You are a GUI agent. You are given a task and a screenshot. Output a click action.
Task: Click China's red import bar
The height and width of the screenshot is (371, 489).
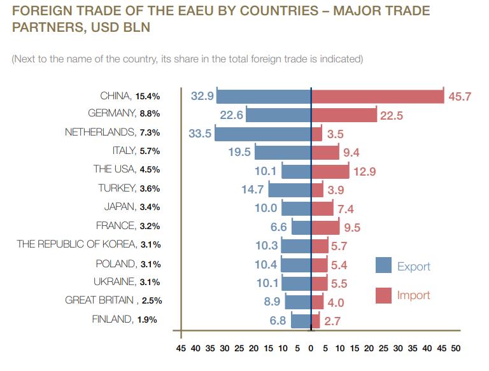click(x=377, y=96)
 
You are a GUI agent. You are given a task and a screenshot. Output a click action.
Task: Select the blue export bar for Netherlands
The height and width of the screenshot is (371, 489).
click(x=262, y=133)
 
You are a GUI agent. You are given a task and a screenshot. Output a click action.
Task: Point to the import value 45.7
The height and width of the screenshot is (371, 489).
click(x=460, y=97)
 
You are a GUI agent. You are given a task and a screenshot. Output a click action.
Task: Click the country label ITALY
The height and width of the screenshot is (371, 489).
click(x=121, y=151)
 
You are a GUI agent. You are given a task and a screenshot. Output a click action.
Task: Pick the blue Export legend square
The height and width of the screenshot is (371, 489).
click(x=383, y=265)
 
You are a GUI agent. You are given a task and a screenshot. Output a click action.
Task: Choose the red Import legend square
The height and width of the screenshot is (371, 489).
click(x=383, y=295)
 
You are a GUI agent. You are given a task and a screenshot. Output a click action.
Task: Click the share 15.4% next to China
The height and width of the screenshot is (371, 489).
click(x=148, y=96)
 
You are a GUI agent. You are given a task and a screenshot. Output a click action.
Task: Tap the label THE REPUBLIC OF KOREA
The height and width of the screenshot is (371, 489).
click(x=76, y=244)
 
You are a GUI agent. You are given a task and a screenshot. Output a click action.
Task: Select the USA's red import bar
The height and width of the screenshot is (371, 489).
click(x=330, y=171)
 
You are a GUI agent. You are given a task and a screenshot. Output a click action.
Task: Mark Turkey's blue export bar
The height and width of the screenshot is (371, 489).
click(x=289, y=189)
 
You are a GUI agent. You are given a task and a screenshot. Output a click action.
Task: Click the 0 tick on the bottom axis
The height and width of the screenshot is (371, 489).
click(x=311, y=349)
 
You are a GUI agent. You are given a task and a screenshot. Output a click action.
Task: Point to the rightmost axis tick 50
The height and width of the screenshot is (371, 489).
click(x=455, y=349)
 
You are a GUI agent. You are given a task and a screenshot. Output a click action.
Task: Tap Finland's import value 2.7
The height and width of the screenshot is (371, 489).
click(x=332, y=321)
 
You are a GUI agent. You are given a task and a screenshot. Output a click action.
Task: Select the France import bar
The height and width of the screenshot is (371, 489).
click(x=325, y=226)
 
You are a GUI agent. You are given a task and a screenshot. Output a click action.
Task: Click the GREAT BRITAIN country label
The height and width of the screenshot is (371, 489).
click(x=99, y=300)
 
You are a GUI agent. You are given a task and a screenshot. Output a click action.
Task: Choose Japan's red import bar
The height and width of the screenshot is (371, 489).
click(x=322, y=207)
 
